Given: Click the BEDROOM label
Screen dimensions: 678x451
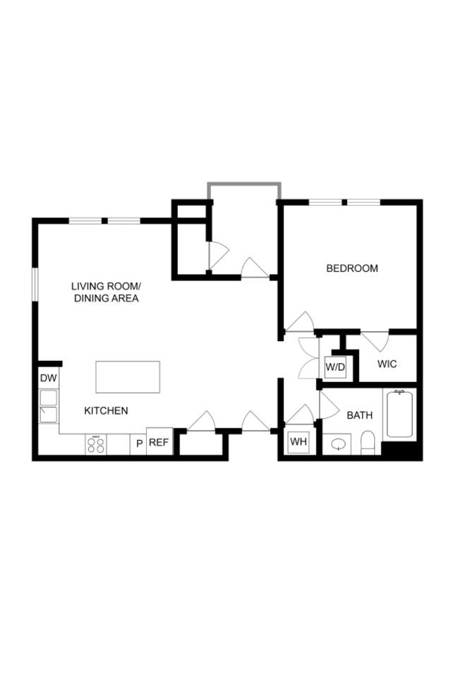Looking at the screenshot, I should (x=351, y=268).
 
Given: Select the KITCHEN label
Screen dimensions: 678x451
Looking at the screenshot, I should (x=106, y=410).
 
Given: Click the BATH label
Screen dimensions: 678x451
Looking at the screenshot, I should (x=359, y=415).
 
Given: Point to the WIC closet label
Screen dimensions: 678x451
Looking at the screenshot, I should (x=387, y=364).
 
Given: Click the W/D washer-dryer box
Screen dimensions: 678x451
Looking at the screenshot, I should (x=335, y=367).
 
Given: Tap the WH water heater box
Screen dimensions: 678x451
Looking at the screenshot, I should (x=299, y=442).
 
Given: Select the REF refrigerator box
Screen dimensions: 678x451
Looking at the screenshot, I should (x=159, y=443).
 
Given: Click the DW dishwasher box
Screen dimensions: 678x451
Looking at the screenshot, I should (x=48, y=379).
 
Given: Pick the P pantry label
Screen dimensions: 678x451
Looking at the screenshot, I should (x=139, y=444).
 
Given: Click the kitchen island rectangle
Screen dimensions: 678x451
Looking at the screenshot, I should (x=128, y=377).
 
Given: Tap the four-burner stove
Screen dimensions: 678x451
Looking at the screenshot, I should (x=96, y=444).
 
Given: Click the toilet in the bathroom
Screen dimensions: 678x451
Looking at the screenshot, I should (x=367, y=444).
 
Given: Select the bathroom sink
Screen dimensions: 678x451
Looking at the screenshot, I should (x=339, y=445).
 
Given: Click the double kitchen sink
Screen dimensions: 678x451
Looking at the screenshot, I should (x=48, y=406).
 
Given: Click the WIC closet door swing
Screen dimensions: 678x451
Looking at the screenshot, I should (x=375, y=340).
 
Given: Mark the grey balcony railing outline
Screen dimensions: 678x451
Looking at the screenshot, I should (x=243, y=185).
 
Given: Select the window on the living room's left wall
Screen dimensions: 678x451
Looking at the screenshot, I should (x=35, y=290).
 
